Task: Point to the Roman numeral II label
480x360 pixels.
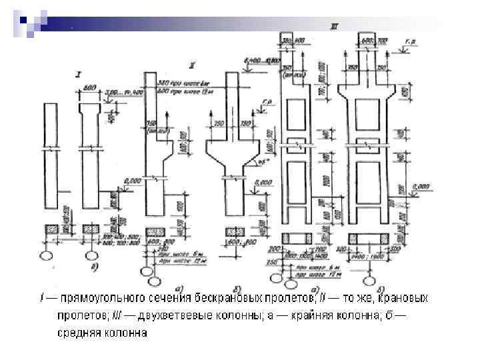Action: [191, 65]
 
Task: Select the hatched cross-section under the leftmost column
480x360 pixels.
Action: [52, 229]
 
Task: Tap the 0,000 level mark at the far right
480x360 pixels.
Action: [421, 185]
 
